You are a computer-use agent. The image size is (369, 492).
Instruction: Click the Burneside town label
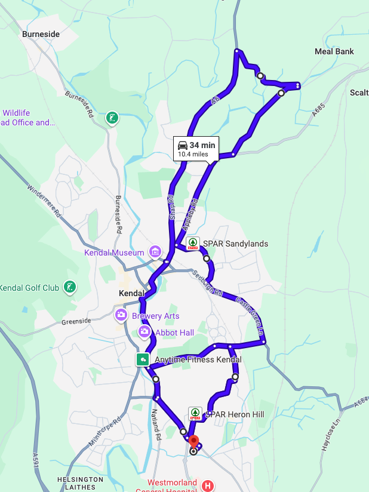pyautogui.click(x=41, y=34)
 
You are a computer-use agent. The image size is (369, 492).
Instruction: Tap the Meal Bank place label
pyautogui.click(x=334, y=51)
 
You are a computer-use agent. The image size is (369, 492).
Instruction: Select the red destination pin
pyautogui.click(x=193, y=441)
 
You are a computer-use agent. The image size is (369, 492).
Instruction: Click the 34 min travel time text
pyautogui.click(x=202, y=145)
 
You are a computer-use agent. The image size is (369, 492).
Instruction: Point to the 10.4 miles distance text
pyautogui.click(x=193, y=154)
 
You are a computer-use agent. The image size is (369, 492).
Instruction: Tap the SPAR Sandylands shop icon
pyautogui.click(x=193, y=243)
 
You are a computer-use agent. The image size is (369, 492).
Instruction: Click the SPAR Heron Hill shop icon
pyautogui.click(x=195, y=413)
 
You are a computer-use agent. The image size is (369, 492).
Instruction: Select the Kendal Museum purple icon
pyautogui.click(x=155, y=252)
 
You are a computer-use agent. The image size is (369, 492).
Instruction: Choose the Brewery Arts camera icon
pyautogui.click(x=121, y=315)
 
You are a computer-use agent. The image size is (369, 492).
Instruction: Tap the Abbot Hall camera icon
pyautogui.click(x=144, y=331)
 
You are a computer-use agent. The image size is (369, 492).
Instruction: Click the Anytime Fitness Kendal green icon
pyautogui.click(x=143, y=359)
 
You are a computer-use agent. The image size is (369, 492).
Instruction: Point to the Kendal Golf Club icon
pyautogui.click(x=70, y=287)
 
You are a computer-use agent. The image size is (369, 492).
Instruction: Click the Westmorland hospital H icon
pyautogui.click(x=208, y=486)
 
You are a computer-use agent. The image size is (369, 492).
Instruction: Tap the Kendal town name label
pyautogui.click(x=132, y=294)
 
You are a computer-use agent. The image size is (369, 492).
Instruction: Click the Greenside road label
pyautogui.click(x=76, y=321)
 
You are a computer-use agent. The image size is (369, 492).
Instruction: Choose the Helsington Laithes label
pyautogui.click(x=80, y=482)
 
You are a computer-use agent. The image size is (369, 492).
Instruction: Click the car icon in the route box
pyautogui.click(x=183, y=145)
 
